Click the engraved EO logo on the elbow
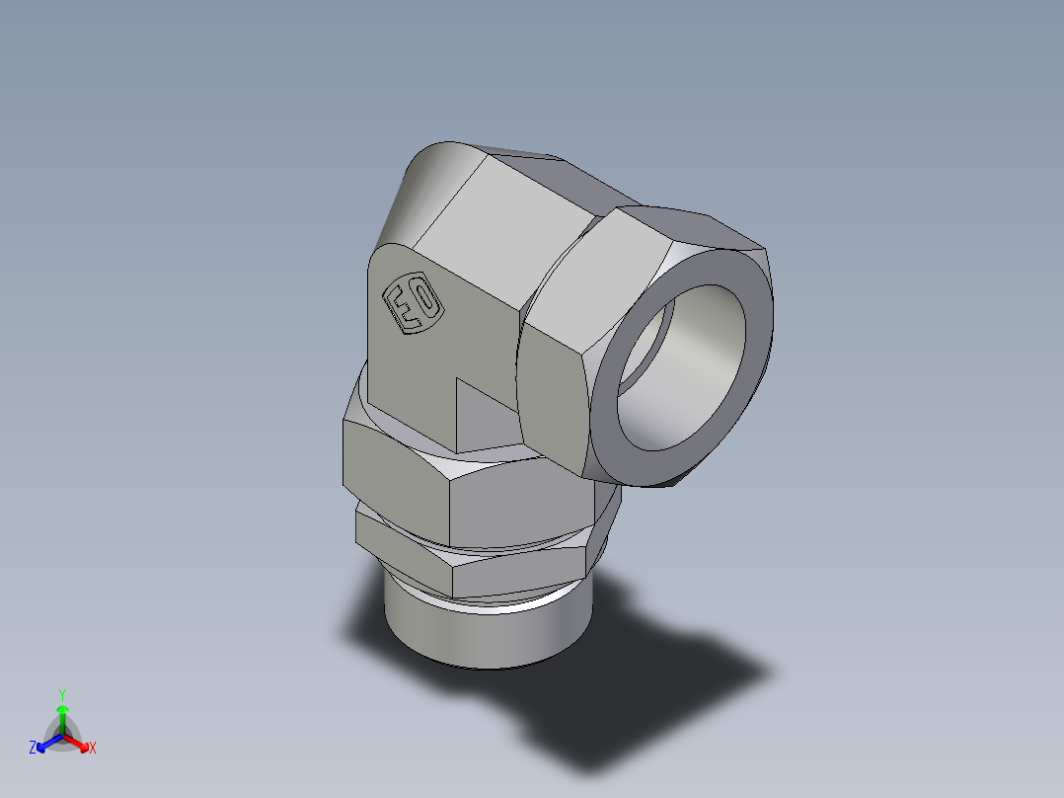414,303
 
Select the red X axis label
93,749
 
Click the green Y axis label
61,693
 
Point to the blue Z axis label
33,749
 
